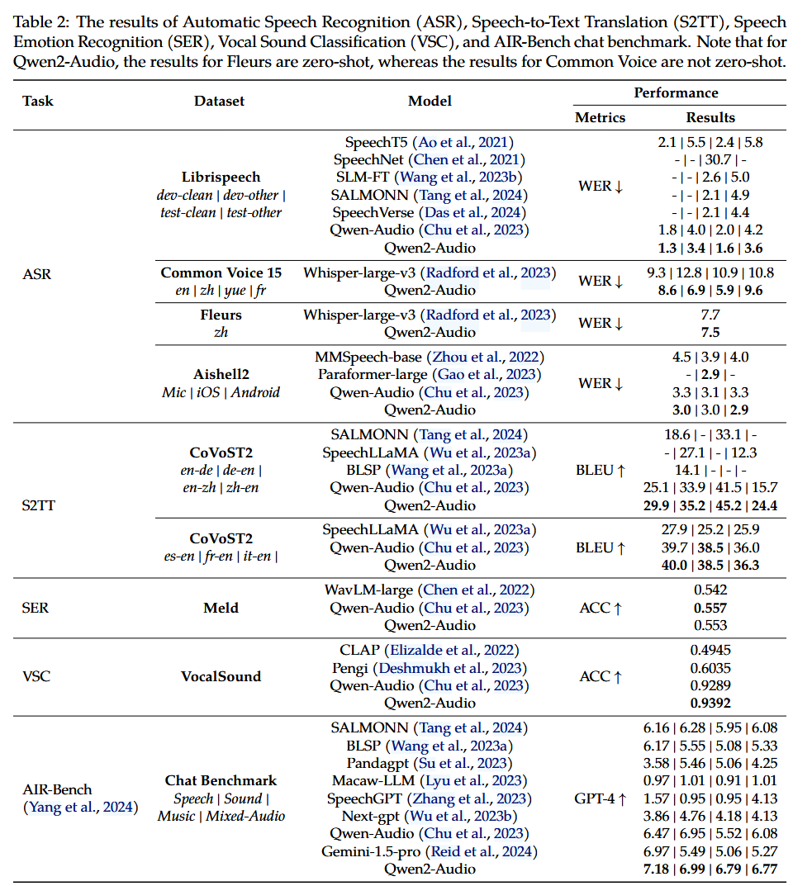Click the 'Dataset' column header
219,101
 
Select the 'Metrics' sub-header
600,117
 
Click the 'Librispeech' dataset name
221,177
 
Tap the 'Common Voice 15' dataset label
221,272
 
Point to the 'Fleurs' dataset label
221,315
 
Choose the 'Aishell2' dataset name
221,374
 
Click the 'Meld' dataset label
221,608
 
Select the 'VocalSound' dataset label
221,676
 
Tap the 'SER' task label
36,608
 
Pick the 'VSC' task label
36,676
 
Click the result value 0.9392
710,703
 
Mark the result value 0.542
710,590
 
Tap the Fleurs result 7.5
710,332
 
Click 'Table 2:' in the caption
38,21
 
